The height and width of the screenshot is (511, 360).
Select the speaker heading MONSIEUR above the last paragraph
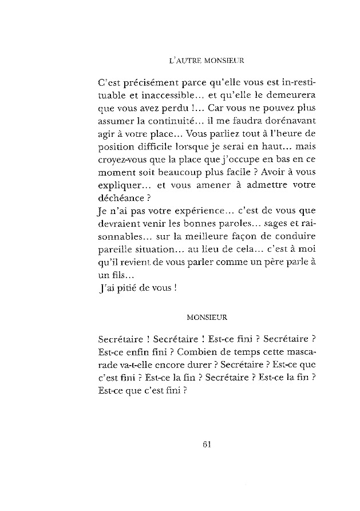[207, 315]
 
